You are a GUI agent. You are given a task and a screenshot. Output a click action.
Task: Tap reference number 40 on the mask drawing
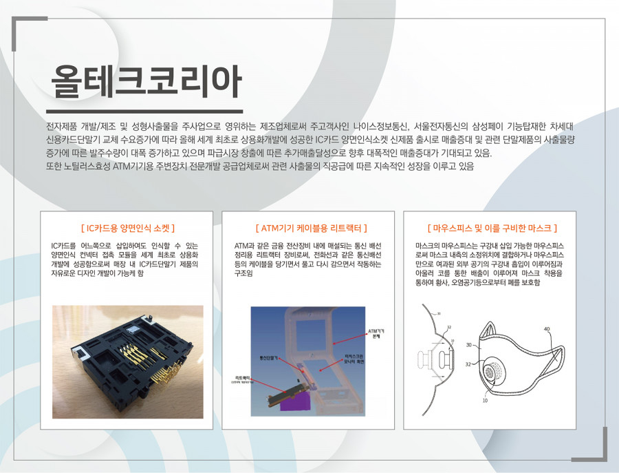coord(547,330)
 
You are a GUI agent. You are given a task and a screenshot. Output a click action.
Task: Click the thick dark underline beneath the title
coord(144,110)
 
